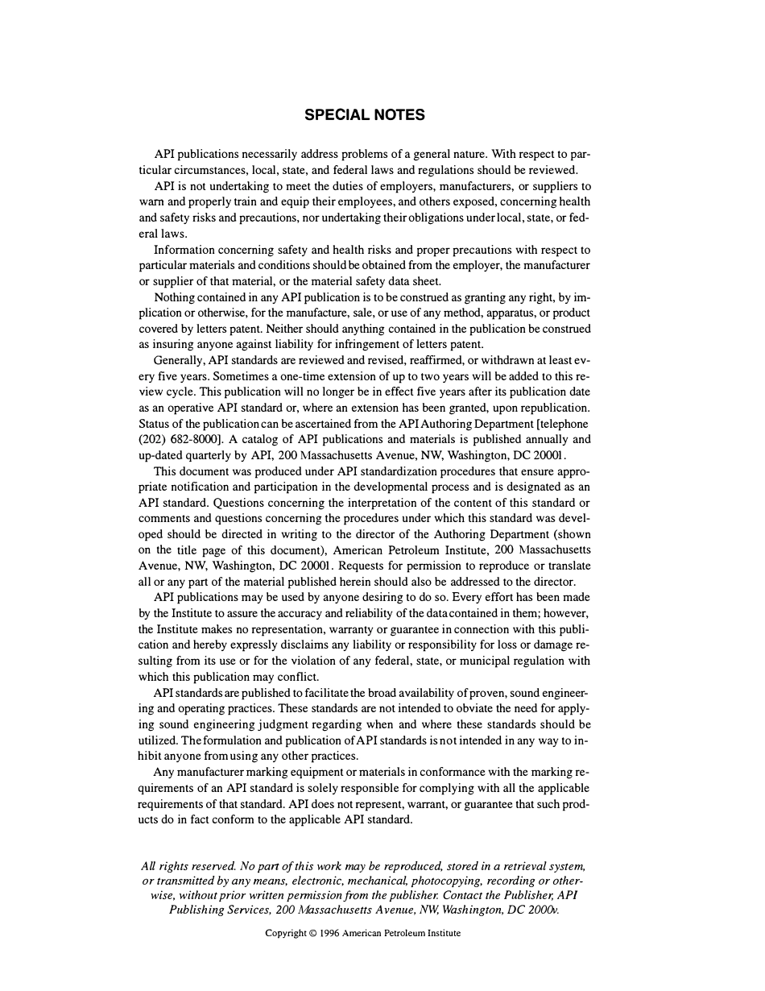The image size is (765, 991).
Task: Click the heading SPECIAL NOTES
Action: coord(364,115)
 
